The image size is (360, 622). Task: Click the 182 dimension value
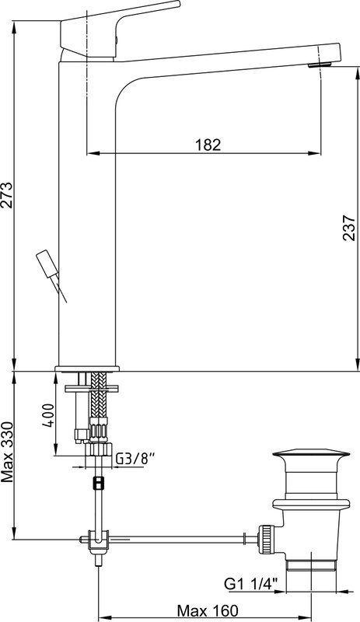208,145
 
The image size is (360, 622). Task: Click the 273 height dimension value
8,195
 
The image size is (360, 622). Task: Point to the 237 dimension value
348,228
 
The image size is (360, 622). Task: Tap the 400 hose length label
47,415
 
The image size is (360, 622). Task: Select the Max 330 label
8,453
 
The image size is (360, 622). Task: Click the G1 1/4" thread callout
251,584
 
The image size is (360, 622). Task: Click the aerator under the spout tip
320,65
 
